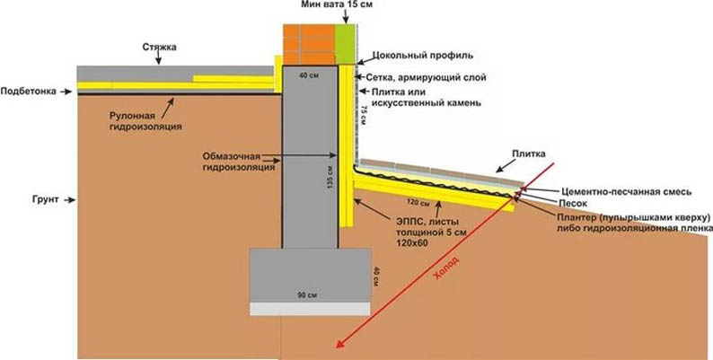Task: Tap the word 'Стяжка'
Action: coord(160,45)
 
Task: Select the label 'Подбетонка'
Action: coord(29,90)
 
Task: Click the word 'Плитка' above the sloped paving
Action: coord(529,154)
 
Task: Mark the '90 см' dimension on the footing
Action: coord(308,294)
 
